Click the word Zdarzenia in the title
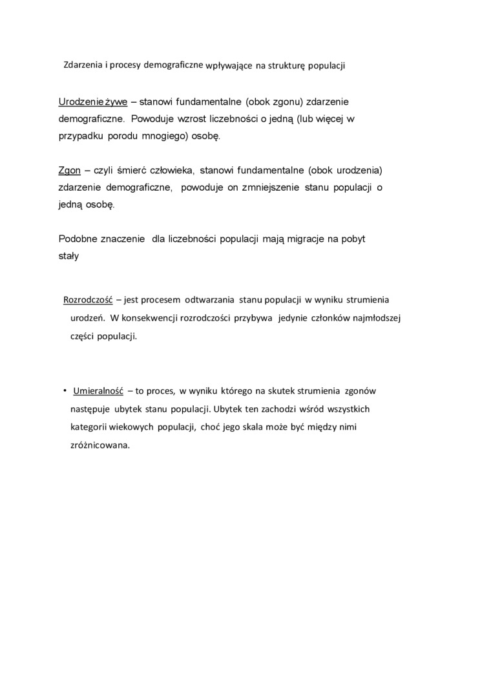click(x=85, y=65)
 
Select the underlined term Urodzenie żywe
click(x=93, y=102)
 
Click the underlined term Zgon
click(x=69, y=171)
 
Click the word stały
click(x=68, y=255)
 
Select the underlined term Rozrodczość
click(x=89, y=300)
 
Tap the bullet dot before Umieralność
click(x=65, y=391)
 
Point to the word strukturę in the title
click(x=296, y=66)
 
